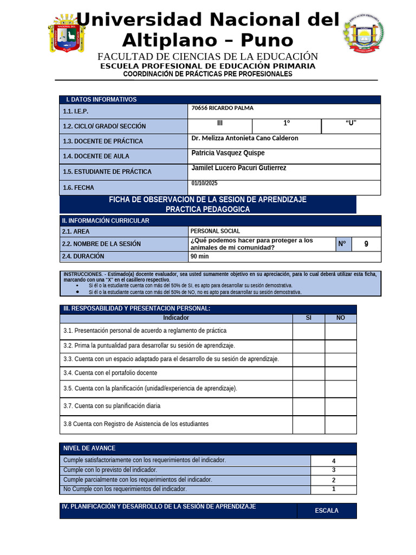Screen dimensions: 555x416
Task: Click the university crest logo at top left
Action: click(x=67, y=34)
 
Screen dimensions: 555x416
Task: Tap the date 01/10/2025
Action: click(x=204, y=184)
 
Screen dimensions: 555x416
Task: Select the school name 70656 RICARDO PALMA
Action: click(x=222, y=108)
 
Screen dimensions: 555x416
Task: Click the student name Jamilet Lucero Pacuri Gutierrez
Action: click(x=239, y=168)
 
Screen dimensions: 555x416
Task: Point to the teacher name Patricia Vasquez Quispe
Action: click(x=228, y=153)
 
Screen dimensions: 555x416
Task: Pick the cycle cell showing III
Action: click(x=219, y=123)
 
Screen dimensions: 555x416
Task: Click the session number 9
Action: click(x=366, y=244)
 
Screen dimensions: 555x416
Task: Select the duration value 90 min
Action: click(x=199, y=256)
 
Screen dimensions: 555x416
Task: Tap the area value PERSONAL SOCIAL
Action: click(x=215, y=231)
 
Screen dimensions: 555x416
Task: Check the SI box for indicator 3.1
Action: click(x=309, y=331)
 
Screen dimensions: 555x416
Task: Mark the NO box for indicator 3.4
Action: click(x=341, y=373)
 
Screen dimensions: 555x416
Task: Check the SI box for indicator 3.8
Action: click(x=309, y=424)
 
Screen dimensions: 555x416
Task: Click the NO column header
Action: click(x=341, y=318)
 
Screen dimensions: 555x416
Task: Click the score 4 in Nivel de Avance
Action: click(x=334, y=461)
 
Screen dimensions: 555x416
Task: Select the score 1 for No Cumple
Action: click(x=334, y=489)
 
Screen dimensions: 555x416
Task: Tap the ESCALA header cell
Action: click(x=327, y=511)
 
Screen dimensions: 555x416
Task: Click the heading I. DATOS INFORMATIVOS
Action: click(x=101, y=100)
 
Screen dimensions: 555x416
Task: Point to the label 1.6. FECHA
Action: click(x=79, y=188)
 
